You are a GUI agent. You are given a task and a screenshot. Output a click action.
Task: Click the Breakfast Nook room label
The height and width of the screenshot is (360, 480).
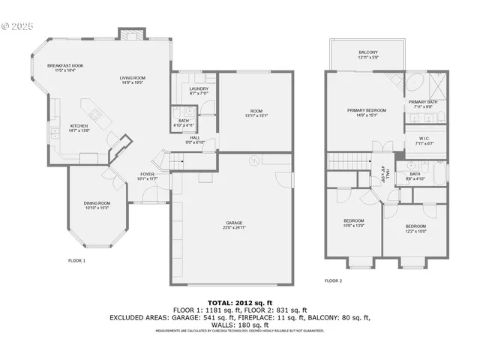[x=65, y=66]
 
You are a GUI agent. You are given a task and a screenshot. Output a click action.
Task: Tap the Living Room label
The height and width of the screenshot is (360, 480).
[x=132, y=78]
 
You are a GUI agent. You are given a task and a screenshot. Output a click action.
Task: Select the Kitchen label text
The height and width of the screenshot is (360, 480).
[x=79, y=126]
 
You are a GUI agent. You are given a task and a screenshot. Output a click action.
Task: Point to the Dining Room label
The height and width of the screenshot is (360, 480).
[x=97, y=203]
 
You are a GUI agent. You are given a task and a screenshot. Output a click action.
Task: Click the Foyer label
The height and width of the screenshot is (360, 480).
[x=147, y=175]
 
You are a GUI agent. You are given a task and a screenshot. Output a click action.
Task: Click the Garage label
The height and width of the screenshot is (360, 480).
[x=235, y=223]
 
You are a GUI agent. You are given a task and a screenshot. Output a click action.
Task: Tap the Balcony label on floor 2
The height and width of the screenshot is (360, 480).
[x=367, y=52]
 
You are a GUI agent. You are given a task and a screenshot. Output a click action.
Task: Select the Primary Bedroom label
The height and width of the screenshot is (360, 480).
[x=365, y=110]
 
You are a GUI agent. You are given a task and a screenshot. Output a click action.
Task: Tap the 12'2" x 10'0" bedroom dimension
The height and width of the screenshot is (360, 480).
[x=415, y=231]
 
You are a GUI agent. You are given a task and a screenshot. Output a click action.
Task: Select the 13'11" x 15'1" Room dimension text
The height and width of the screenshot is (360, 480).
[x=256, y=115]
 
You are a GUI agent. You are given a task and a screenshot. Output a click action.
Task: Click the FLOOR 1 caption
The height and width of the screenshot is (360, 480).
[x=77, y=260]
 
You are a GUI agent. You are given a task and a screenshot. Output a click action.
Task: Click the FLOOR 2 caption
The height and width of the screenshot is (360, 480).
[x=333, y=280]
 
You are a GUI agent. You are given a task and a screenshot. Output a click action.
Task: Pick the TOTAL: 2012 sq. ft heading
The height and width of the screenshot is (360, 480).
[x=239, y=301]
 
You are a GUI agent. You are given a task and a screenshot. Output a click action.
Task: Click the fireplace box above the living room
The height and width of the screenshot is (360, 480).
[x=130, y=34]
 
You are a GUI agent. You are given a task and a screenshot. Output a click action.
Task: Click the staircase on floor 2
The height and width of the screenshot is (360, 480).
[x=349, y=162]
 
